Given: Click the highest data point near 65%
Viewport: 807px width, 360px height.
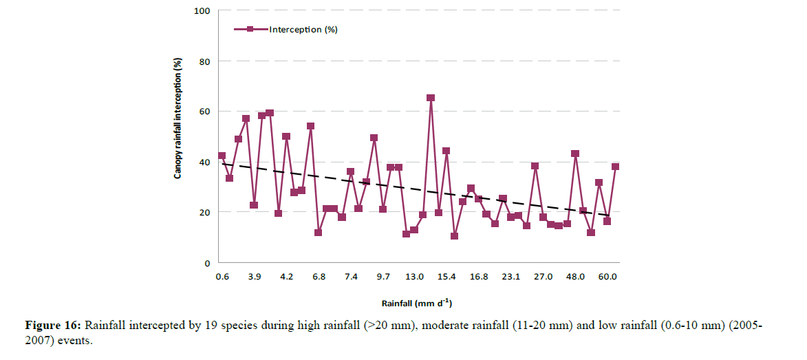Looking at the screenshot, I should point(431,98).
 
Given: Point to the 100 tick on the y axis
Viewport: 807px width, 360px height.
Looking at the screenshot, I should point(205,11).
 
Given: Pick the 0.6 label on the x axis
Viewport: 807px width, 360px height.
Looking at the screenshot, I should point(222,277).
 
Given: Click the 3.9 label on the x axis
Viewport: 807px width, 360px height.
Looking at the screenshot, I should point(254,277).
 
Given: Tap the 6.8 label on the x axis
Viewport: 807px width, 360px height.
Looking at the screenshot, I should point(319,277).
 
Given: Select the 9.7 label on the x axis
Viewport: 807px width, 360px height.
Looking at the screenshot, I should point(383,277).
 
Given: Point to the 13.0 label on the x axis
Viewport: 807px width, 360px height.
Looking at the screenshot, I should point(414,277).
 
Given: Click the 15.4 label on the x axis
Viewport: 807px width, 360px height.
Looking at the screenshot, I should point(446,277).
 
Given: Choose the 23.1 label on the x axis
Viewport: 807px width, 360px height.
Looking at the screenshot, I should point(510,277).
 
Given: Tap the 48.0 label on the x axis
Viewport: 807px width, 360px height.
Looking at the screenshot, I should point(575,277).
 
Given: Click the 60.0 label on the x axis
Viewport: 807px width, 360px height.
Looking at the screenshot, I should point(607,277).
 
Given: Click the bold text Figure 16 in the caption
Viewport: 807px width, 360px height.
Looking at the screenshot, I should point(51,325).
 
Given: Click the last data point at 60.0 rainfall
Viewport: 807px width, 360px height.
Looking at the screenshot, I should point(615,167).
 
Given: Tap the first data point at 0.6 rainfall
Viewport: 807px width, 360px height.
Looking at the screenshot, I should point(222,156).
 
